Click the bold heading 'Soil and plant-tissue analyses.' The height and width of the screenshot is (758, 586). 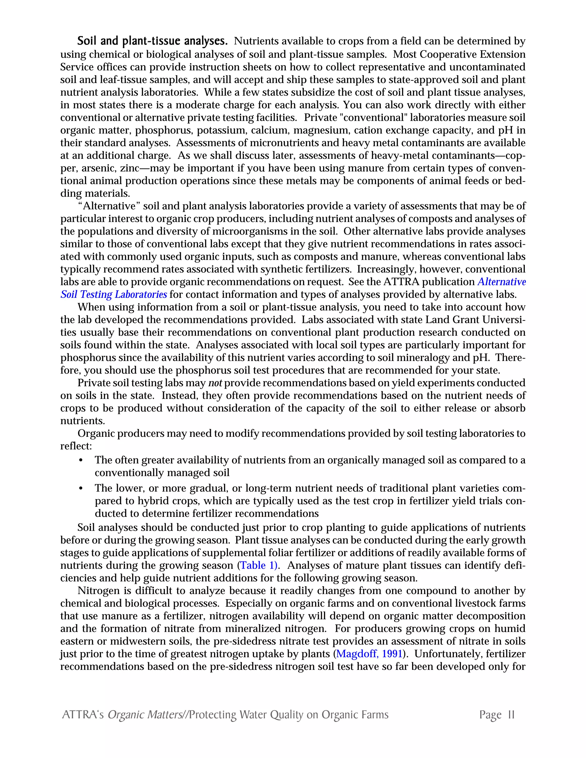point(152,41)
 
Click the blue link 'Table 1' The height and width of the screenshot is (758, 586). point(258,565)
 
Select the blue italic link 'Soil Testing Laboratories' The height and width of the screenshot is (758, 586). point(114,295)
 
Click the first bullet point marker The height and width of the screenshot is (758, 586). point(81,461)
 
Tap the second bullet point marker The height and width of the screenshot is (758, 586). point(81,489)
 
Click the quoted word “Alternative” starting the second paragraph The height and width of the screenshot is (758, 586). point(109,206)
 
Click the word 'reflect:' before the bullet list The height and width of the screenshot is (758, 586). point(76,446)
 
